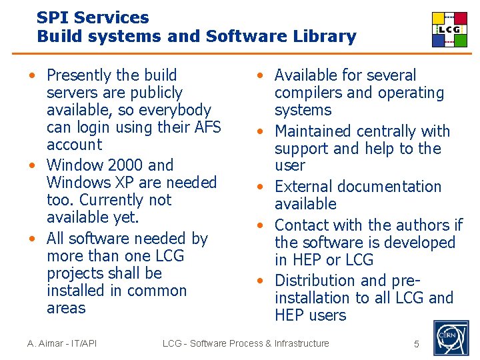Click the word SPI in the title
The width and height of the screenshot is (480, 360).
pyautogui.click(x=51, y=18)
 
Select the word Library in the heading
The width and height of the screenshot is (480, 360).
pyautogui.click(x=327, y=37)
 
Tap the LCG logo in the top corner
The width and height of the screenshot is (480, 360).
pyautogui.click(x=449, y=30)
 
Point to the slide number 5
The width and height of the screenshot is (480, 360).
pyautogui.click(x=417, y=344)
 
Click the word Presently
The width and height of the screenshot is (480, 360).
pyautogui.click(x=79, y=75)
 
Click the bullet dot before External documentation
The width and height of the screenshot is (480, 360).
pyautogui.click(x=262, y=187)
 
